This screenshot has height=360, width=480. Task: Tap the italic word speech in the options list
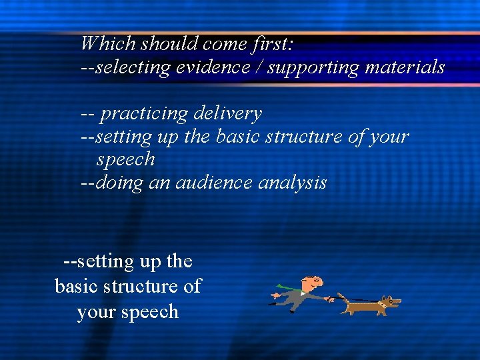[x=125, y=160]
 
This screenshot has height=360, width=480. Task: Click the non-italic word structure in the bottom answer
[x=141, y=287]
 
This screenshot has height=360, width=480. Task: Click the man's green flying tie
[x=285, y=288]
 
